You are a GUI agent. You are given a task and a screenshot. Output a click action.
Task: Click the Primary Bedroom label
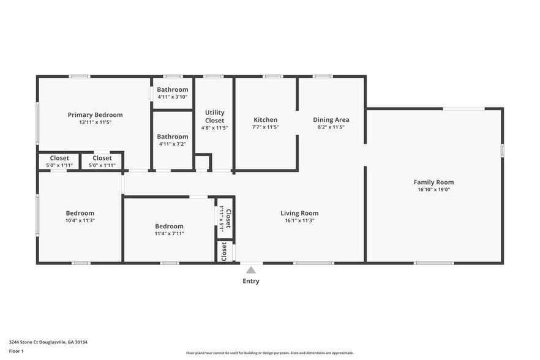click(95, 114)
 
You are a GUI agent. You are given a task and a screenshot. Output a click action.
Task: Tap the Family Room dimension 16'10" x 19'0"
click(433, 190)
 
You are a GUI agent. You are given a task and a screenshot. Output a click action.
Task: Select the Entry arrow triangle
click(250, 270)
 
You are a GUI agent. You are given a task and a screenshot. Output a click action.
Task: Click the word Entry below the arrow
click(250, 281)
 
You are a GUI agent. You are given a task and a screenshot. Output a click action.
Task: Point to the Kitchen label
click(266, 119)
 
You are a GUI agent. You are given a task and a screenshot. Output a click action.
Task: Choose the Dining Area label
click(331, 119)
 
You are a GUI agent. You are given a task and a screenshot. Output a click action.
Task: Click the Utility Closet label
click(214, 116)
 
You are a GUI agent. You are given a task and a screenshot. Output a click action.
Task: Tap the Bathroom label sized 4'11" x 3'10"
click(172, 89)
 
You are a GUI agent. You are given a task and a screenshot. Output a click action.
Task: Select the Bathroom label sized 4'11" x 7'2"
click(172, 137)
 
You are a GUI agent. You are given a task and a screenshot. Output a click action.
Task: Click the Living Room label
click(299, 213)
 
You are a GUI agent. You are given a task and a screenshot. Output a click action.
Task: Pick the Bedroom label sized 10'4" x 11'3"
click(80, 213)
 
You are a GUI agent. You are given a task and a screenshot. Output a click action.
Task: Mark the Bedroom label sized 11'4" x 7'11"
click(169, 226)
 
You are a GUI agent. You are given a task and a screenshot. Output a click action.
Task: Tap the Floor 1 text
click(16, 351)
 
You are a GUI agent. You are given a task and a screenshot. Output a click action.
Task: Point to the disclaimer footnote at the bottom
click(269, 353)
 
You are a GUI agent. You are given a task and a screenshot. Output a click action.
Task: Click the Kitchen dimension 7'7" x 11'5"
click(266, 127)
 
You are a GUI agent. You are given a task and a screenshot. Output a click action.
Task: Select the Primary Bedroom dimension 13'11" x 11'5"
click(95, 122)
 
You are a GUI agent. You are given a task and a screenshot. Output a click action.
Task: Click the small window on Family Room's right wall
click(502, 149)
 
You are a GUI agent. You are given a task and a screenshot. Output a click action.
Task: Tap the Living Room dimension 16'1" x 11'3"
click(299, 220)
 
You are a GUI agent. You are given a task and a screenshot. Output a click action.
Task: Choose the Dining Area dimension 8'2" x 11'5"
click(331, 127)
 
